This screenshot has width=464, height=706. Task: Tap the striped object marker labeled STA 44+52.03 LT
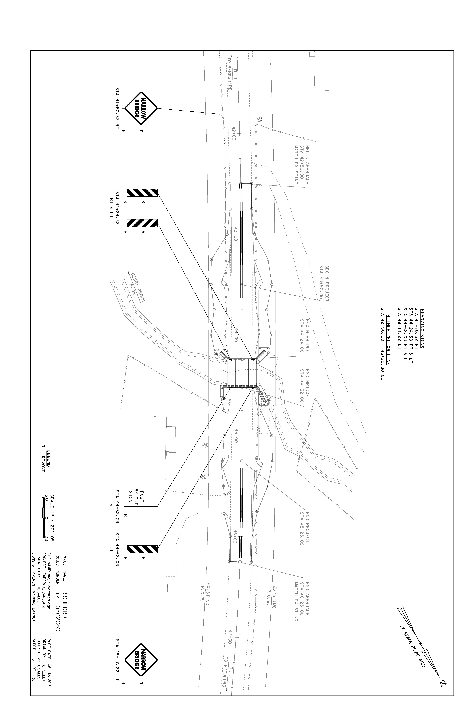(x=142, y=549)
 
